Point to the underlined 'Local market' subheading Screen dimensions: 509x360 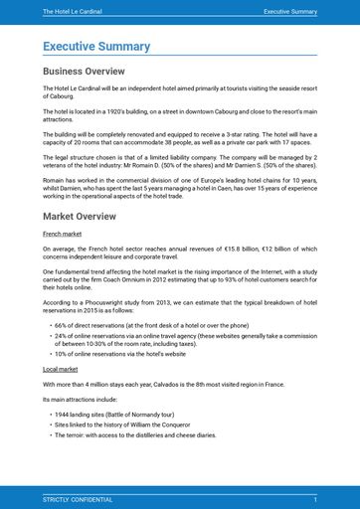click(61, 368)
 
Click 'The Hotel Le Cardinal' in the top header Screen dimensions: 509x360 click(73, 12)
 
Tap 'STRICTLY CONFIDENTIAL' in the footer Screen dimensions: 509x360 click(78, 498)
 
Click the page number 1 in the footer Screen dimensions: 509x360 click(315, 498)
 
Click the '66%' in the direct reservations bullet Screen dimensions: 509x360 click(61, 325)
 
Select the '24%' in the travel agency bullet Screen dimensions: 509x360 click(61, 336)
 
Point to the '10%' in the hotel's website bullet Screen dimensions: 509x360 click(61, 353)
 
